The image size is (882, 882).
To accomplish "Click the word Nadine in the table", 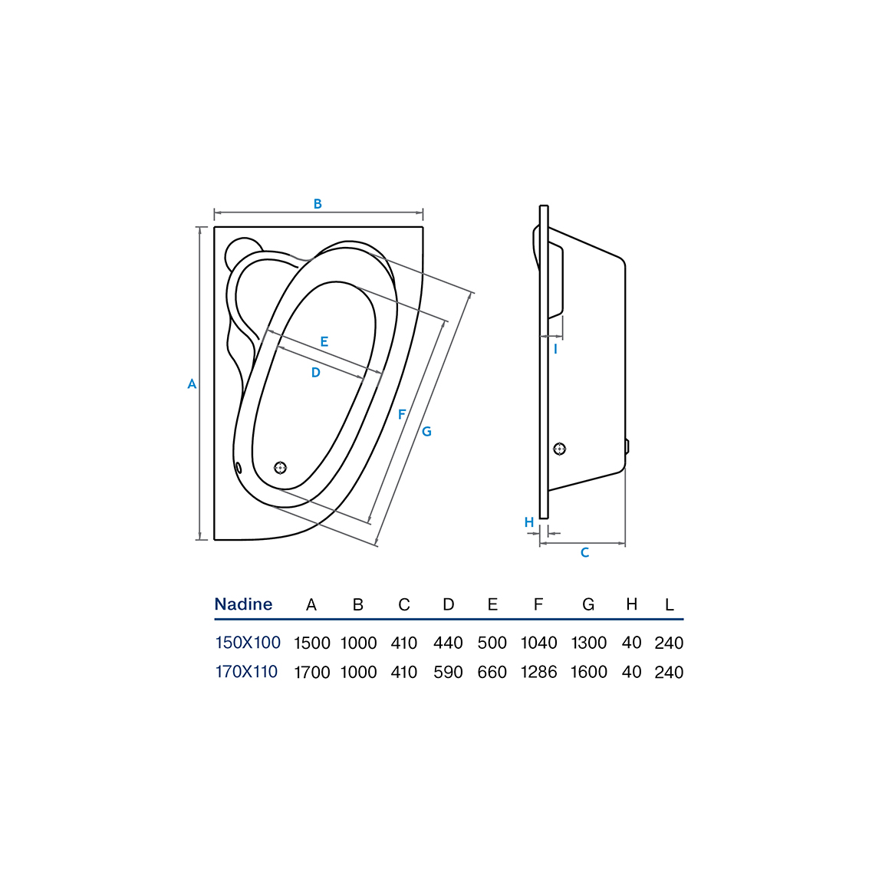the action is click(243, 604).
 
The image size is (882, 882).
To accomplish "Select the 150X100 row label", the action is click(248, 643).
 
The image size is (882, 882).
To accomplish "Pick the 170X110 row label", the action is click(246, 672).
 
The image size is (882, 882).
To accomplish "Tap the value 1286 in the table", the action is click(539, 672).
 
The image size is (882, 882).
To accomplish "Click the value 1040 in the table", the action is click(539, 643).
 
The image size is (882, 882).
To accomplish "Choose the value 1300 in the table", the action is click(589, 643).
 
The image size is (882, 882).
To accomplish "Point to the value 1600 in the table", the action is click(589, 672).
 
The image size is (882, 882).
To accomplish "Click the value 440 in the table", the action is click(449, 643).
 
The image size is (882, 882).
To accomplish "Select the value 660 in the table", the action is click(492, 672).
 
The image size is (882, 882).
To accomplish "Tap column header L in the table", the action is click(669, 604).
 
